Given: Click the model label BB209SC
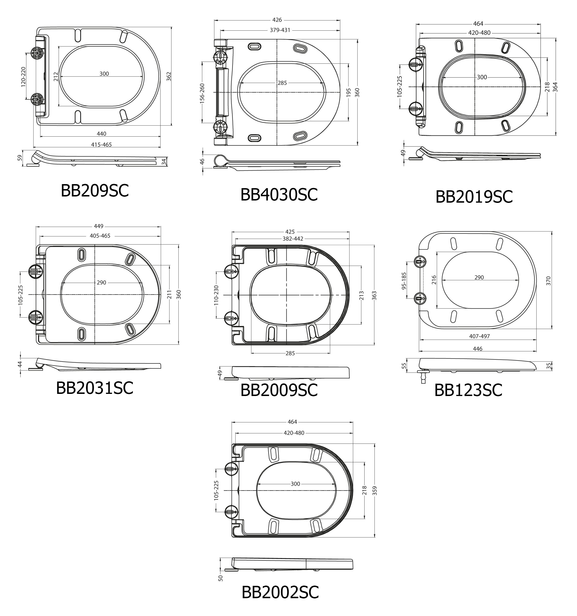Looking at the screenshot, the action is (95, 191).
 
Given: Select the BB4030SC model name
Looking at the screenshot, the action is (279, 195).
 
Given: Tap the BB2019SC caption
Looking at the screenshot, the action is (474, 197).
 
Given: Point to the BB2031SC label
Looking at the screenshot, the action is (95, 388).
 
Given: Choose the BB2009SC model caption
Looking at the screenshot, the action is (279, 390).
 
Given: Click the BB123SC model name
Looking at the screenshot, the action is (468, 390).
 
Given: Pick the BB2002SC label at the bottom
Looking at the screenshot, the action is (280, 592).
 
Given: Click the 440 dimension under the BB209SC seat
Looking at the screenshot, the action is (101, 134).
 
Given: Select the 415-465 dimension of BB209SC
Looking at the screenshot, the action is (101, 145).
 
